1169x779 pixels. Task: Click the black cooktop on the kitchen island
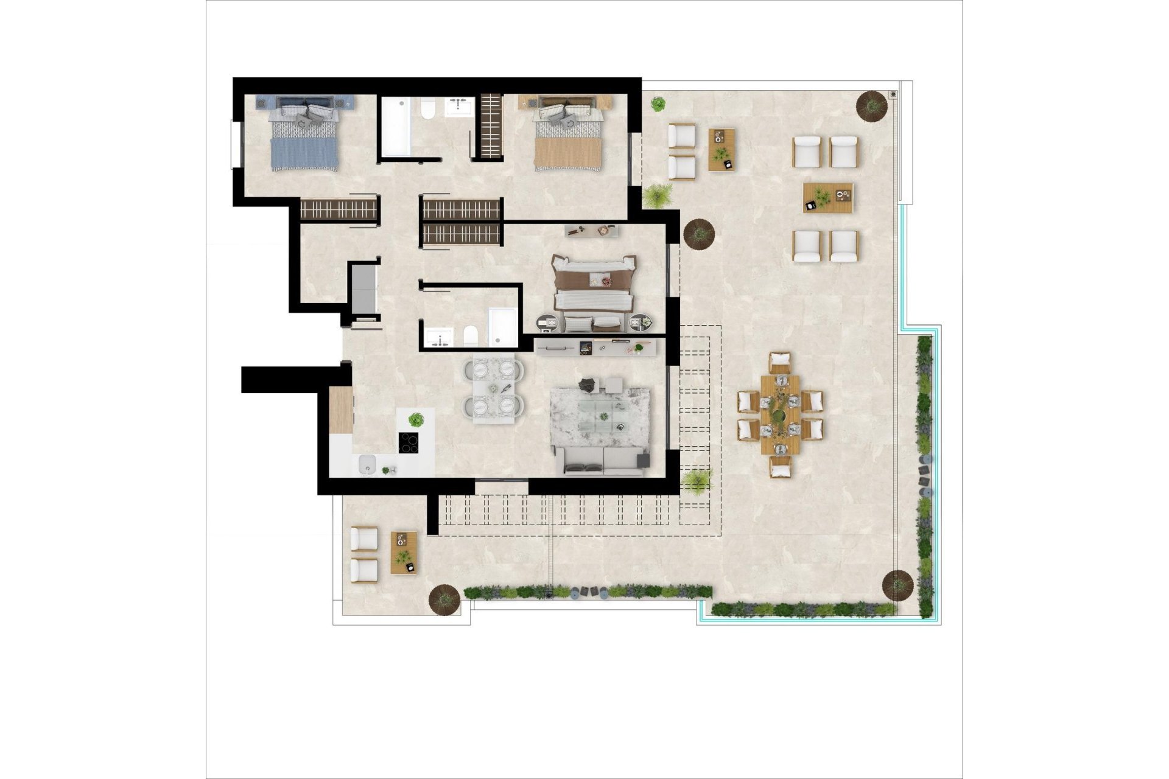[x=409, y=442]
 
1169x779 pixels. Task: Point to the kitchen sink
[x=367, y=466]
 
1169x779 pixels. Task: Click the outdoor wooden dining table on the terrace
[x=780, y=414]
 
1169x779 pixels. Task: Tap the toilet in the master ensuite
[x=470, y=335]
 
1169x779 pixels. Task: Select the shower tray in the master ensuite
[x=502, y=327]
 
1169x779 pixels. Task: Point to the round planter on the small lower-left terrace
[x=443, y=599]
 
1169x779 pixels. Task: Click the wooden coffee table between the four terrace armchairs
[x=828, y=198]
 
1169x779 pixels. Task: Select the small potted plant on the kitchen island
[x=416, y=419]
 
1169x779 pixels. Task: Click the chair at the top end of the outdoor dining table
[x=779, y=363]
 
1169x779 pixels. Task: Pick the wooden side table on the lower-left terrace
[x=404, y=553]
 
